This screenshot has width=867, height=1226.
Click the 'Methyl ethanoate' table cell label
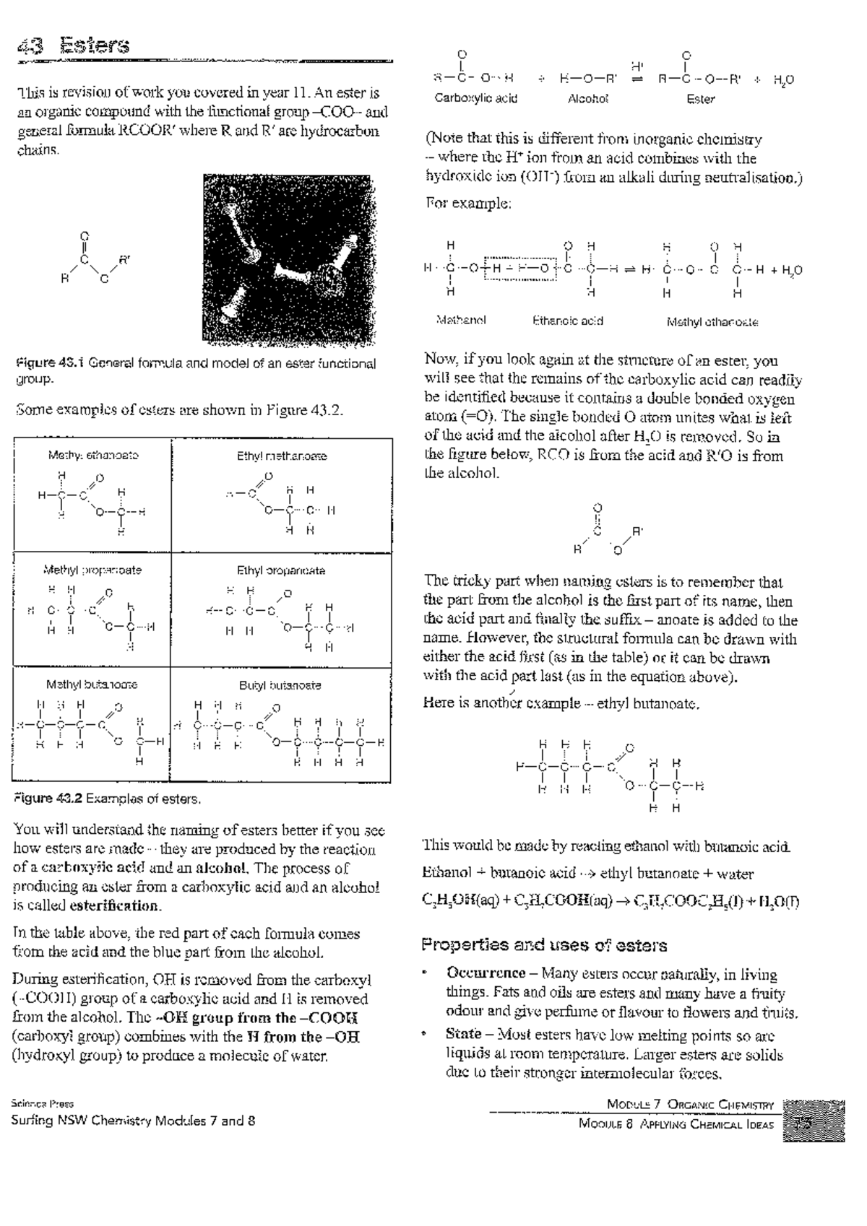[93, 456]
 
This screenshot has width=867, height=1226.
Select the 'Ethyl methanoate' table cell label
[282, 456]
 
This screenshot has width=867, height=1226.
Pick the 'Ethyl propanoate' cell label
[281, 570]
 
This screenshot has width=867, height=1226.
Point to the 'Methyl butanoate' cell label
[92, 684]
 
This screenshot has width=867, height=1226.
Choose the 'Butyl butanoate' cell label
[280, 684]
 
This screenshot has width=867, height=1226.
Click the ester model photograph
[289, 258]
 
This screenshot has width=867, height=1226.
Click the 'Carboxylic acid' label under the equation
[475, 98]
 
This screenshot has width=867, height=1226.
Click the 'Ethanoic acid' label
[567, 321]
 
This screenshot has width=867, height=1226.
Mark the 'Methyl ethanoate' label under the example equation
[712, 322]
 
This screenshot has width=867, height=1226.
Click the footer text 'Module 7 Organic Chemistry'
[690, 1105]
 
